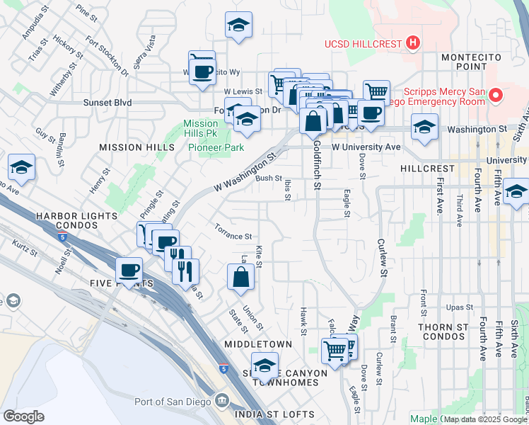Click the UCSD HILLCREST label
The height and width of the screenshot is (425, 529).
pos(364,44)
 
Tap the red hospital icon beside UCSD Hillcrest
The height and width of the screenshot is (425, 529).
pos(413,43)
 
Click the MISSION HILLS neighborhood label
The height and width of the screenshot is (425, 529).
pos(136,147)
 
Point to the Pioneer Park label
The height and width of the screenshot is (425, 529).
pos(216,147)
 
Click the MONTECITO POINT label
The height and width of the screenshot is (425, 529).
pos(471,62)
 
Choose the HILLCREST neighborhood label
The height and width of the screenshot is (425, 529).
pos(426,169)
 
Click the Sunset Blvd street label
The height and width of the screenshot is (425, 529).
pos(107,103)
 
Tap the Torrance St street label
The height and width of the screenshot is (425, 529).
pos(233,232)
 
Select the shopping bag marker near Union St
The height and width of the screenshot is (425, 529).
pos(240,278)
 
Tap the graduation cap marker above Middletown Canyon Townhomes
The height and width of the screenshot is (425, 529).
pos(264,365)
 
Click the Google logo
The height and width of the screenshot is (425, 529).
pos(24,416)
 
